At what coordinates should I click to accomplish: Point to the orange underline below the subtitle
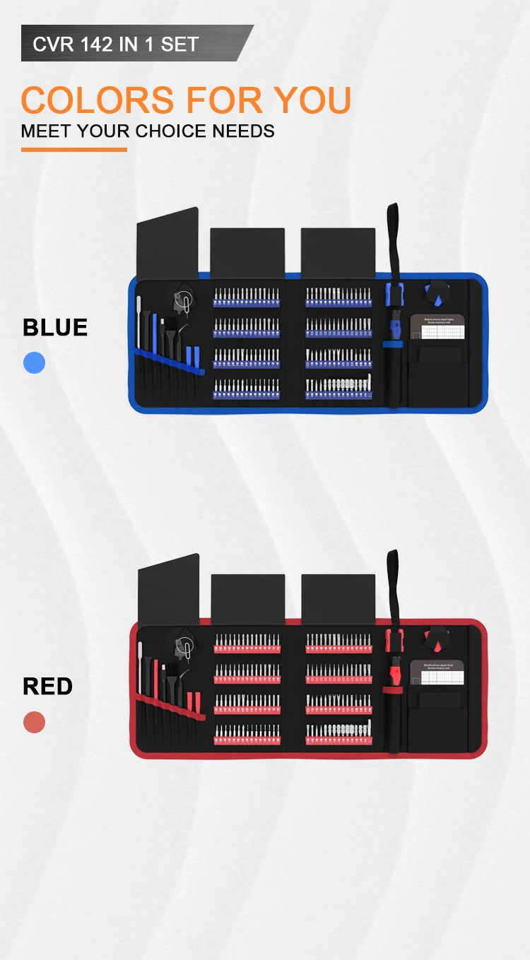click(x=73, y=150)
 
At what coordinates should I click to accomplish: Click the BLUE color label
click(x=55, y=328)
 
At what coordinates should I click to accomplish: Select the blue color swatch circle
click(x=34, y=363)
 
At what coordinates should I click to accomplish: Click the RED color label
click(x=47, y=686)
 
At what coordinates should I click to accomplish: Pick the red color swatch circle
click(x=34, y=723)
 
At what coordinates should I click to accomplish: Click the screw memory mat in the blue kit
click(x=437, y=329)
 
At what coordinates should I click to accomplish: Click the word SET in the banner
click(x=179, y=45)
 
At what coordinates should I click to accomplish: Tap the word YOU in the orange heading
click(x=312, y=100)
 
